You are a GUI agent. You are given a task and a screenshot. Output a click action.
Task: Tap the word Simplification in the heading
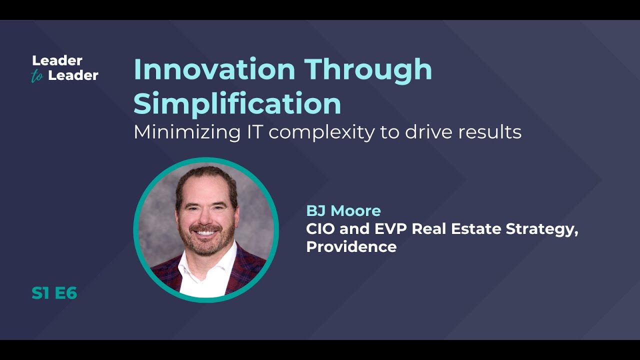[237, 103]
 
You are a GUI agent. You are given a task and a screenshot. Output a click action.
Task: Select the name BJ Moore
[343, 210]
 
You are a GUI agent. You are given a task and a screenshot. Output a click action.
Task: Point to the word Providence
[351, 246]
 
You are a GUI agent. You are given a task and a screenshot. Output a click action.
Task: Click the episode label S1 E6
[54, 293]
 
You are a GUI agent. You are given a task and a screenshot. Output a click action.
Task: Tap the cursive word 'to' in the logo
[37, 76]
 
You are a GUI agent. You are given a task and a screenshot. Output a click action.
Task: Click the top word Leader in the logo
[57, 60]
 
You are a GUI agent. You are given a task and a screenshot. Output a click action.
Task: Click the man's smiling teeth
[206, 232]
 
